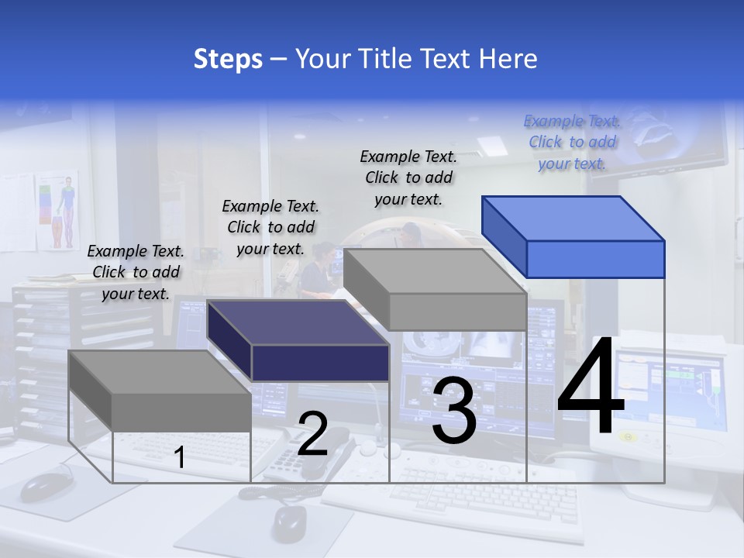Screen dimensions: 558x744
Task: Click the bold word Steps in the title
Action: [228, 59]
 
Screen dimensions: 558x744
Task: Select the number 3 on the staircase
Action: [453, 411]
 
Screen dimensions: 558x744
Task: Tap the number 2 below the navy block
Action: [312, 434]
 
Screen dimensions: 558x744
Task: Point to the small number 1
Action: [179, 458]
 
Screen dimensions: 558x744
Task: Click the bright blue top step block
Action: [573, 236]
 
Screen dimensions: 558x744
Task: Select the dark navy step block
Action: [298, 341]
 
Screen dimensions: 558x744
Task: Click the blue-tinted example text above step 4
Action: [572, 142]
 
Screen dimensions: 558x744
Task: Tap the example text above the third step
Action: [408, 177]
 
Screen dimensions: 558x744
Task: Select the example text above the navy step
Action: [270, 227]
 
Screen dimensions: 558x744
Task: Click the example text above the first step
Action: [136, 272]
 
